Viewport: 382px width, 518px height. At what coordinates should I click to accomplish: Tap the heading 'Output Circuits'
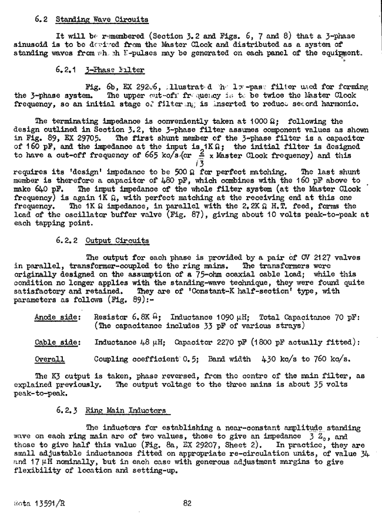pyautogui.click(x=117, y=241)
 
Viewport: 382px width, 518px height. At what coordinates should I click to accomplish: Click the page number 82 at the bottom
pyautogui.click(x=187, y=503)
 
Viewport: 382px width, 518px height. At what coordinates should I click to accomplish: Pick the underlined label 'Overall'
pyautogui.click(x=50, y=358)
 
